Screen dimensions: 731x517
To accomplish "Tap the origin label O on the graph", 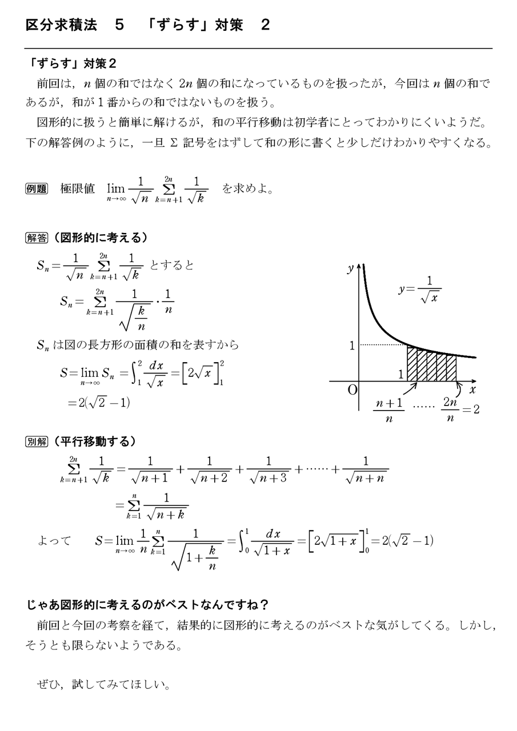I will click(x=352, y=390).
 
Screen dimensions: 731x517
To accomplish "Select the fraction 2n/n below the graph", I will click(x=450, y=409).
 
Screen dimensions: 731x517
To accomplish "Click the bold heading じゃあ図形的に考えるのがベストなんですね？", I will click(x=149, y=604).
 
